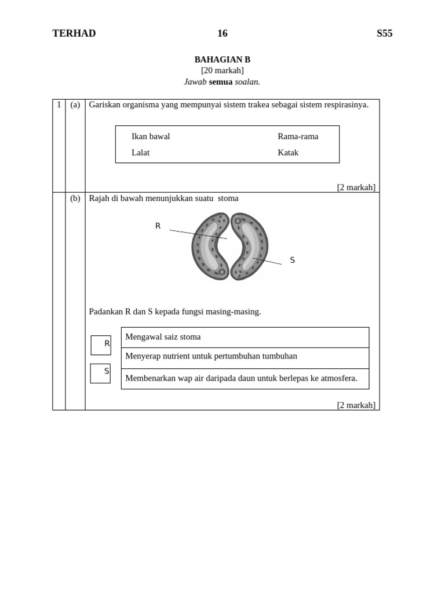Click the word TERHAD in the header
click(x=74, y=34)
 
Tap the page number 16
click(x=222, y=34)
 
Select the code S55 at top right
click(x=384, y=34)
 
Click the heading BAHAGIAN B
click(x=222, y=60)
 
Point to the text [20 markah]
click(x=222, y=71)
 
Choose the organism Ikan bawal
click(x=151, y=137)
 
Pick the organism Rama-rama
click(x=298, y=137)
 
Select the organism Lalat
click(x=140, y=153)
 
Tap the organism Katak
click(x=288, y=153)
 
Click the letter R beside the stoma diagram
click(x=158, y=226)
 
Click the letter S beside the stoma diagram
click(x=293, y=260)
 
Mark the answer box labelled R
click(x=100, y=345)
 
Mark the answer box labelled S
click(x=100, y=373)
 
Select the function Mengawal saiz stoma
click(x=163, y=337)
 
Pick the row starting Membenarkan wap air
click(x=241, y=378)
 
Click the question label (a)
click(x=75, y=105)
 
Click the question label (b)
click(x=75, y=198)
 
